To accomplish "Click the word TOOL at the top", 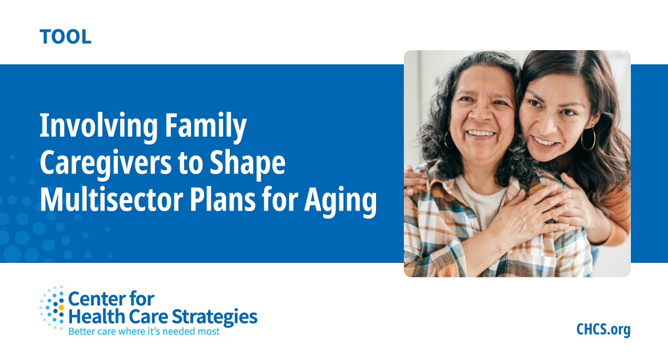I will coord(65,37).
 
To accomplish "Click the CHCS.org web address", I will coord(603,329).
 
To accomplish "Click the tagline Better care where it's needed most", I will coord(144,331).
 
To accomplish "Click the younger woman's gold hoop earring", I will coord(588,139).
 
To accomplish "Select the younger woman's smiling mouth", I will coord(545,142).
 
